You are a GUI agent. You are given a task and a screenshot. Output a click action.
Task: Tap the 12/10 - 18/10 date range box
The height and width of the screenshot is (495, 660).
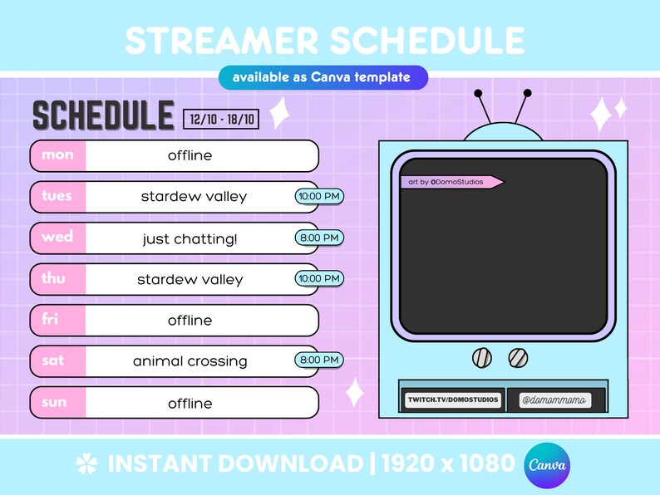pos(221,120)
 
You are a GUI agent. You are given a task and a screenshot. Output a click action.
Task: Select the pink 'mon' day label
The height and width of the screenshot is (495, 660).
pos(57,155)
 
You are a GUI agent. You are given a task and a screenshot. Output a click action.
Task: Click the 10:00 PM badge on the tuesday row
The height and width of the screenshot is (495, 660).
pos(319,196)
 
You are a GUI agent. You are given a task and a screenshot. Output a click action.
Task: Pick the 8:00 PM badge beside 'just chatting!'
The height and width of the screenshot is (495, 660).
pos(319,238)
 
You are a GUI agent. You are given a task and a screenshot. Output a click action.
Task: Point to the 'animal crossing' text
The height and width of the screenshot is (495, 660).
pos(190,361)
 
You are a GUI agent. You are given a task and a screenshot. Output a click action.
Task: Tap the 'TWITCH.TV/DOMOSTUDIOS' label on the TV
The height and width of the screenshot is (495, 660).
pos(452,399)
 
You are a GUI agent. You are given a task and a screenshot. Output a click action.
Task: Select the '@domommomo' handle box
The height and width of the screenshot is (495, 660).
pos(555,400)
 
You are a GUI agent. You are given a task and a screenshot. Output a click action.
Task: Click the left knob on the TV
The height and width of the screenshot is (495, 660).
pos(481,358)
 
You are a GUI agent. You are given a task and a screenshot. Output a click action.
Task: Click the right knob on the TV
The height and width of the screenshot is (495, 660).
pos(517,358)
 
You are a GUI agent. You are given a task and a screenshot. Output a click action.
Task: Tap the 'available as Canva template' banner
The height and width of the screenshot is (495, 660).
pos(323,77)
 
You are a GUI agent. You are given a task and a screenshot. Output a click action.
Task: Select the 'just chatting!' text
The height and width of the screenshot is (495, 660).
pos(190,239)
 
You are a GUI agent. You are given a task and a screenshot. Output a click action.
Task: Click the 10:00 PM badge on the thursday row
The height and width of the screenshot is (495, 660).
pos(319,278)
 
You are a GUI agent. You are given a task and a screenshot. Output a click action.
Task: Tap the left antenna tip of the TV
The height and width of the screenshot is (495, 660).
pos(477,92)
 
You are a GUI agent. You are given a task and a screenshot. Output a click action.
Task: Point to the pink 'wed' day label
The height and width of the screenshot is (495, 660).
pos(57,238)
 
